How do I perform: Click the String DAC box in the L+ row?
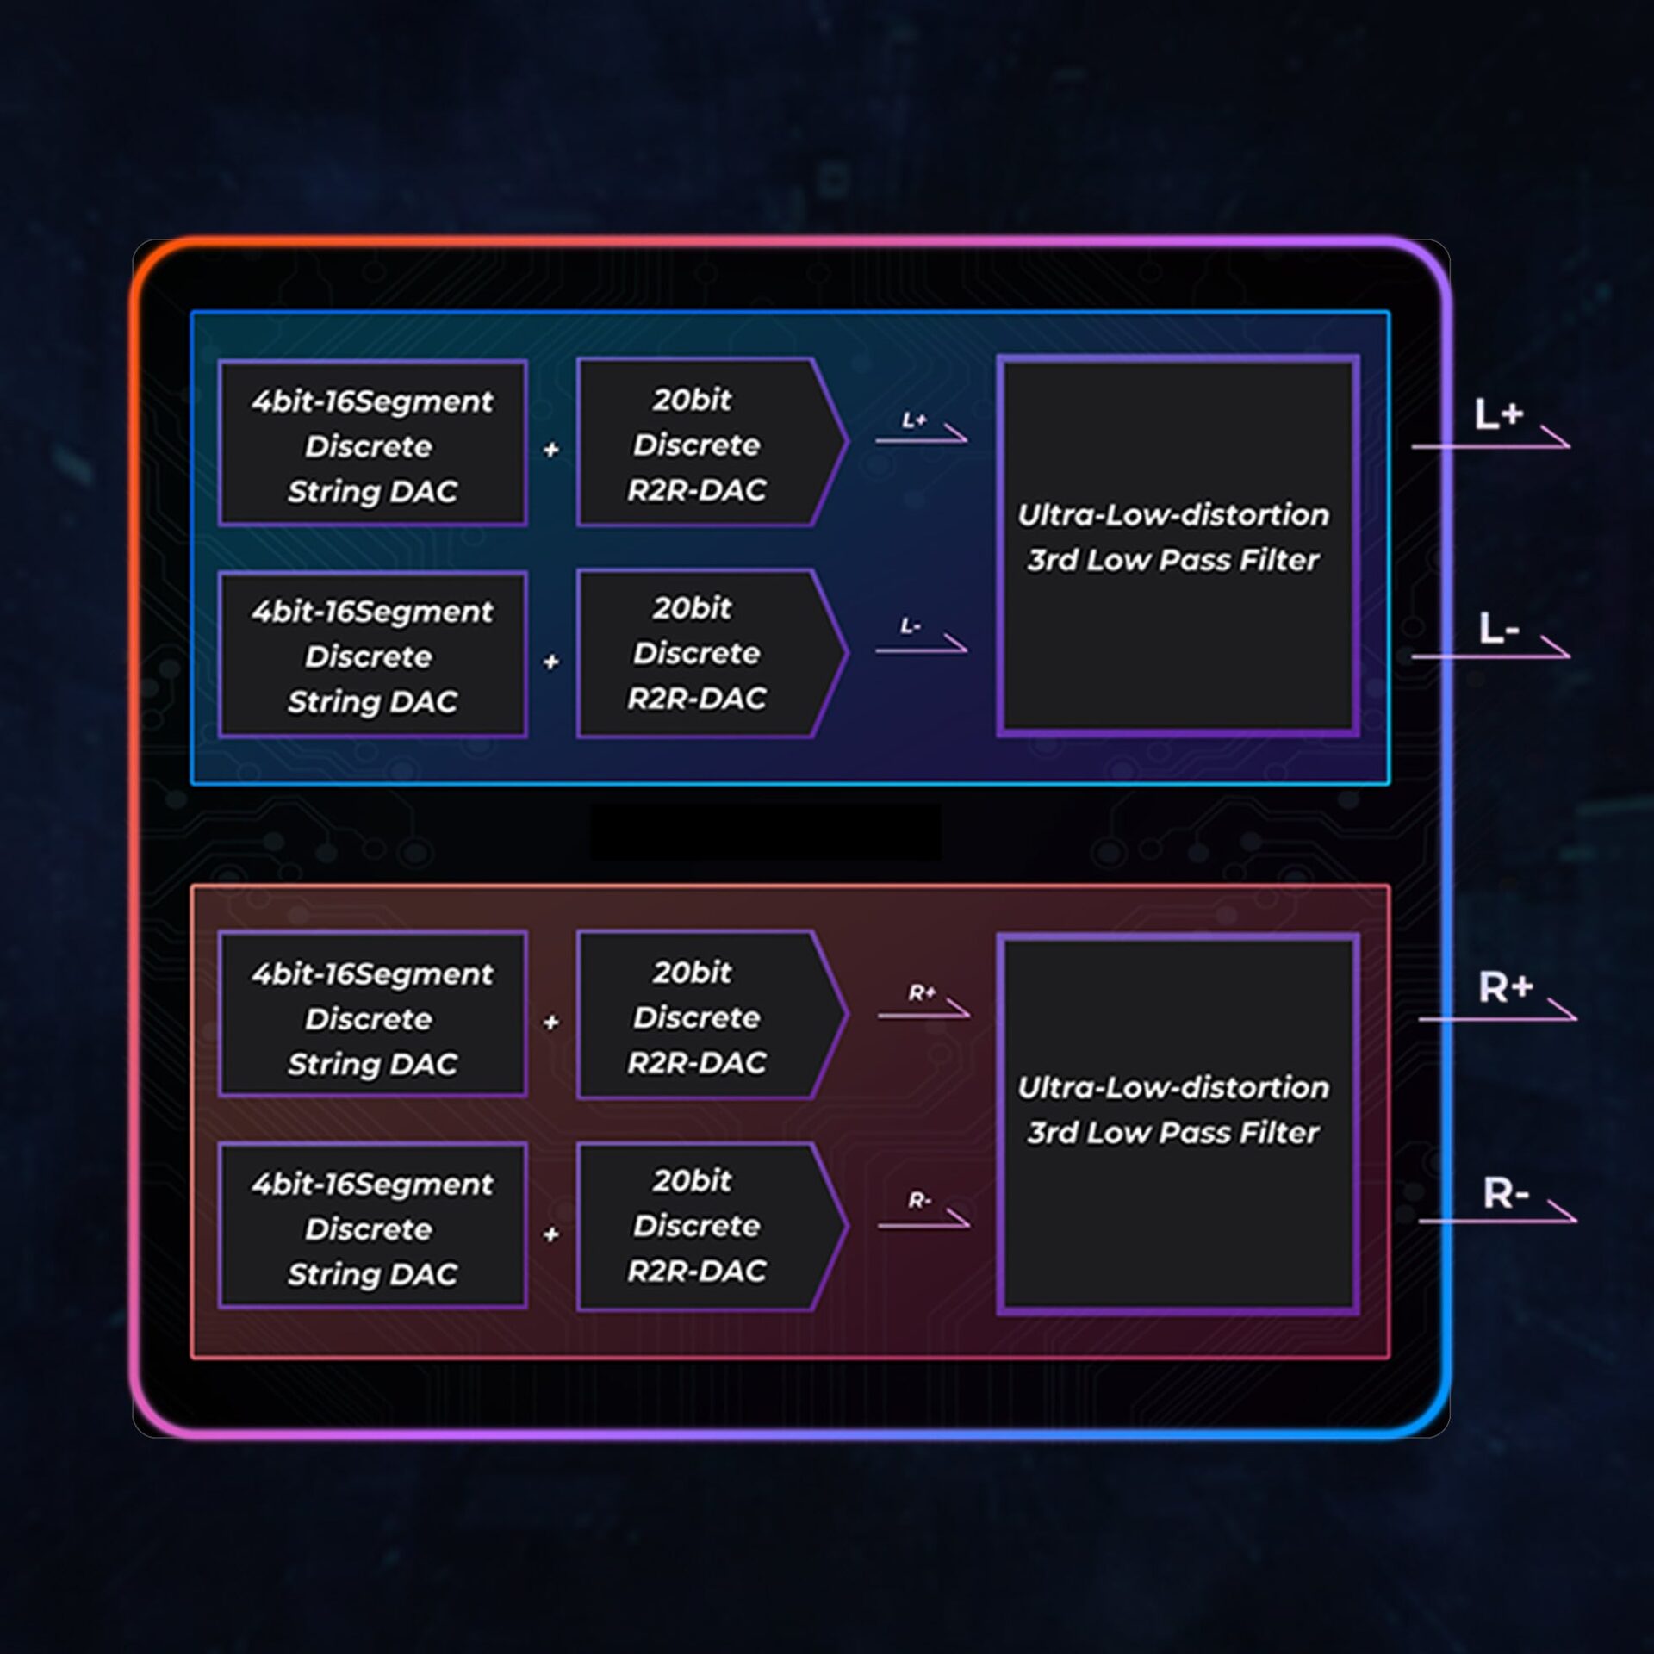[x=372, y=444]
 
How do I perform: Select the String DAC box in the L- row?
[x=372, y=655]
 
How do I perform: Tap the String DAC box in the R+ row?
[x=372, y=1016]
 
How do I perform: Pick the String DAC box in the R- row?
[x=372, y=1227]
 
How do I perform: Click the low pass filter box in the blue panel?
[x=1177, y=545]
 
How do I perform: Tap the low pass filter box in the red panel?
[x=1177, y=1123]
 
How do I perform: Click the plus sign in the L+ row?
[x=551, y=450]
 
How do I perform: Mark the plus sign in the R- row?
[x=551, y=1234]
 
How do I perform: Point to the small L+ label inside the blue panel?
[x=914, y=420]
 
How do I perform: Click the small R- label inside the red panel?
[x=919, y=1200]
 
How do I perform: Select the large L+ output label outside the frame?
[x=1499, y=416]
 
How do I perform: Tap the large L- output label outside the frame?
[x=1499, y=629]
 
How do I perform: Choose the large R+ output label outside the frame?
[x=1505, y=987]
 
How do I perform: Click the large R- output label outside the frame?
[x=1505, y=1194]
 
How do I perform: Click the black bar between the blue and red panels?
[x=765, y=832]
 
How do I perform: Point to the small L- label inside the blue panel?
[x=911, y=626]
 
